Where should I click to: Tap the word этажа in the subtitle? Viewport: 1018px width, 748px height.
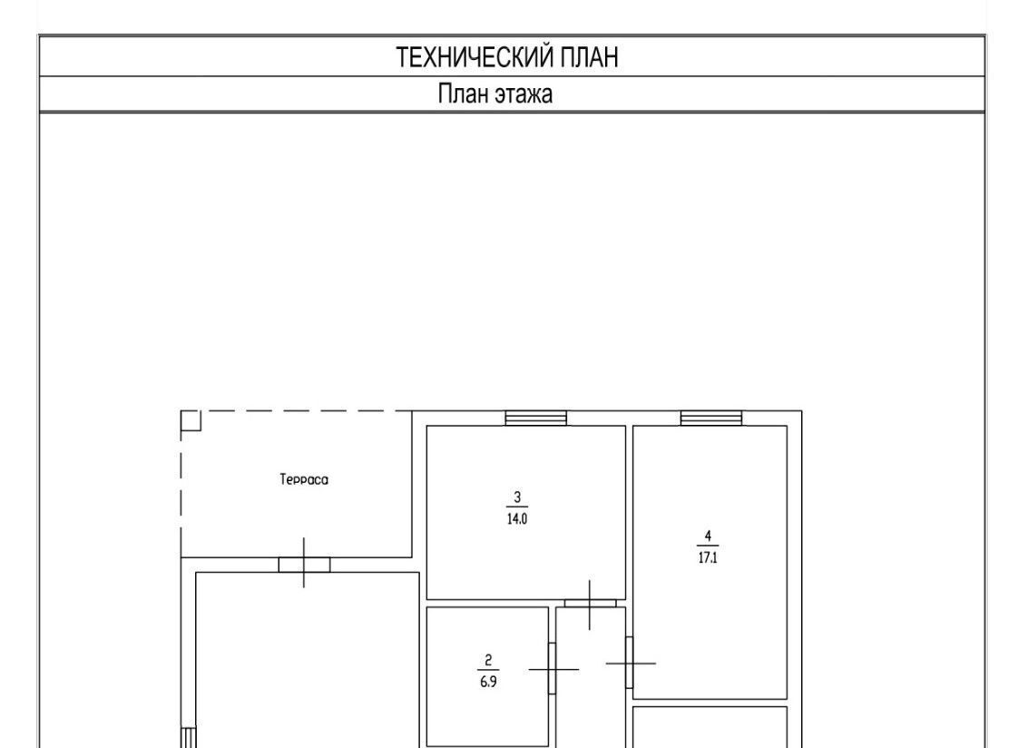click(x=524, y=94)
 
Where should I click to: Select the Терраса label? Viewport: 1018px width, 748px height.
click(x=304, y=480)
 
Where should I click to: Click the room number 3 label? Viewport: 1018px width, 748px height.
click(x=517, y=497)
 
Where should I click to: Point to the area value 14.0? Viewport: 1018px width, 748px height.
click(x=517, y=519)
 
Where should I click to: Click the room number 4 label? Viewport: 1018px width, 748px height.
click(x=708, y=536)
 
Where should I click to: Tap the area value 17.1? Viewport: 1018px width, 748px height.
click(x=708, y=557)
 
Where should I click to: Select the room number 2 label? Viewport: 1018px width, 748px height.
click(x=488, y=660)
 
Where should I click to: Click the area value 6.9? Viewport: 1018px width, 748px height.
click(x=488, y=682)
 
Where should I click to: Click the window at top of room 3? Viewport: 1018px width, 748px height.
click(x=535, y=418)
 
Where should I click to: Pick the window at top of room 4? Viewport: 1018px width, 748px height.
click(x=711, y=418)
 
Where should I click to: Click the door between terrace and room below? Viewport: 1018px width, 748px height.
click(x=304, y=565)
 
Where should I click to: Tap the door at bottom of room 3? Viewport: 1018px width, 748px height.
click(x=590, y=603)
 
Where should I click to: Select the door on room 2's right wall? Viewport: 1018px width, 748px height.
click(x=552, y=668)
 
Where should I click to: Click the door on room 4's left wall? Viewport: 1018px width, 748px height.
click(x=629, y=663)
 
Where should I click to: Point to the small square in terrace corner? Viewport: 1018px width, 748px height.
click(x=191, y=421)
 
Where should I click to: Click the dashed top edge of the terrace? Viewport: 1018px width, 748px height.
click(x=296, y=411)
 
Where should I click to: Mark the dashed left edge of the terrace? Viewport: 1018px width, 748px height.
click(x=181, y=484)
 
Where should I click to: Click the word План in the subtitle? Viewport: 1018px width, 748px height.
click(x=463, y=94)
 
